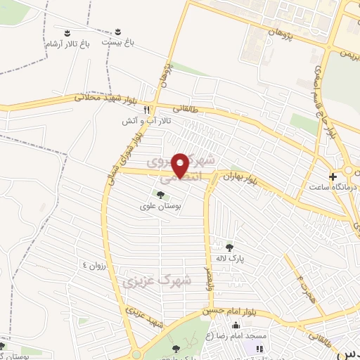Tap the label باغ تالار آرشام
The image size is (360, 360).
point(65,44)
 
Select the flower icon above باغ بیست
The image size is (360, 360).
point(117,32)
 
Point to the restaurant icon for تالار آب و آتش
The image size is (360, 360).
point(146,110)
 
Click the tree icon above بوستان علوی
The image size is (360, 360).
point(160,195)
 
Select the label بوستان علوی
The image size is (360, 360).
point(161,206)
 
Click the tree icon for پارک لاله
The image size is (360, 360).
point(229,247)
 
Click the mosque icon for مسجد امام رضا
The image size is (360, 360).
point(235,325)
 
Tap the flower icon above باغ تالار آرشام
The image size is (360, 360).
point(66,33)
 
